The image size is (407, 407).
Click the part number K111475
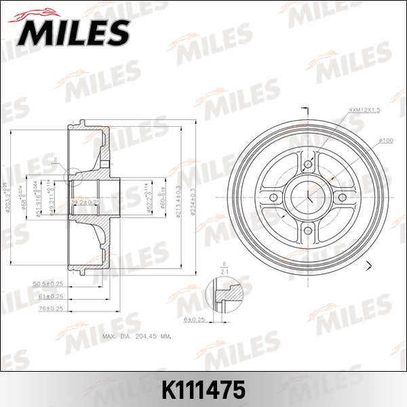[x=203, y=392]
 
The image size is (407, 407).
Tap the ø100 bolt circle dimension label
[x=385, y=140]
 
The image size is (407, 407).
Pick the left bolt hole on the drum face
[x=273, y=197]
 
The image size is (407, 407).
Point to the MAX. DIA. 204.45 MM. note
[x=136, y=335]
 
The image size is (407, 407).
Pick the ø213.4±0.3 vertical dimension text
[x=178, y=197]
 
